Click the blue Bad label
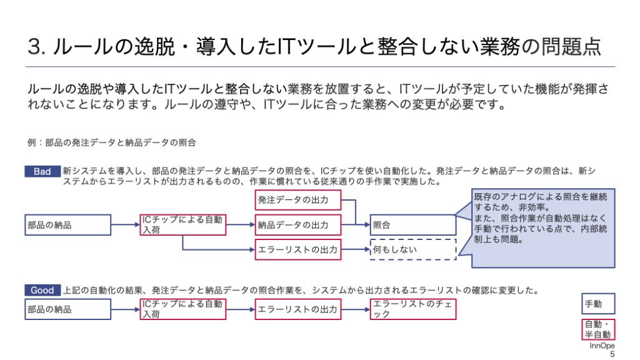[x=42, y=171]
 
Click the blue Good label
[x=42, y=290]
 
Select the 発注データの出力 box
[x=298, y=200]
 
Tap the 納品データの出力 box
[x=298, y=225]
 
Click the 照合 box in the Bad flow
[x=413, y=225]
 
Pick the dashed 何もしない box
[x=413, y=249]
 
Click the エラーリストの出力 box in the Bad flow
[x=298, y=249]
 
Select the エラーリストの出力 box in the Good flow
[x=298, y=309]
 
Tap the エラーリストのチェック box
[x=413, y=309]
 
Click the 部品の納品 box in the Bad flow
[x=67, y=225]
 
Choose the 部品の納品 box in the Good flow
[x=67, y=309]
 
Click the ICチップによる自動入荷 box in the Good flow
[x=183, y=309]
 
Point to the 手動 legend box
[x=598, y=304]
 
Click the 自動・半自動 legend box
[x=598, y=329]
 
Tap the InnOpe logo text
[x=602, y=346]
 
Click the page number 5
[x=612, y=354]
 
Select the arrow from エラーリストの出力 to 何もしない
[x=356, y=249]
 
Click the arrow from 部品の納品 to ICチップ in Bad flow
[x=125, y=224]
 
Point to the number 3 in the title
[x=34, y=46]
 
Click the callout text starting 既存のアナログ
[x=541, y=218]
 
